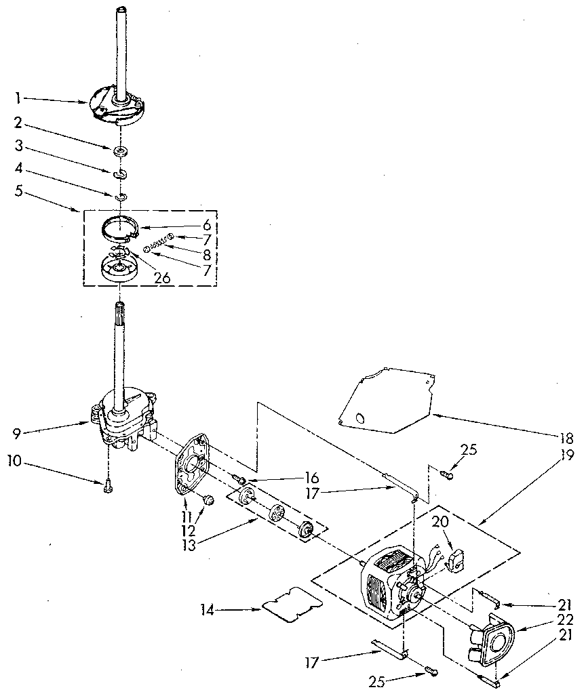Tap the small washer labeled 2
[120, 149]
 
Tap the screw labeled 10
[109, 485]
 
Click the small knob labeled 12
[209, 500]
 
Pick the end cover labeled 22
[495, 638]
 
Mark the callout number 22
[567, 619]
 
